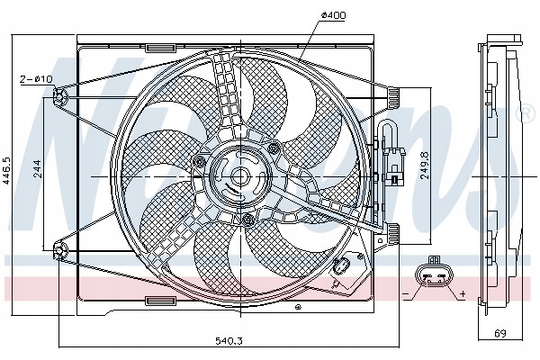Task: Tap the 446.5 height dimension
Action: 7,169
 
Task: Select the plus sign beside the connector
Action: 462,294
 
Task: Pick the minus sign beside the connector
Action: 406,294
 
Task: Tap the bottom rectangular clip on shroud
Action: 159,300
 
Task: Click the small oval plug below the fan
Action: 341,266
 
